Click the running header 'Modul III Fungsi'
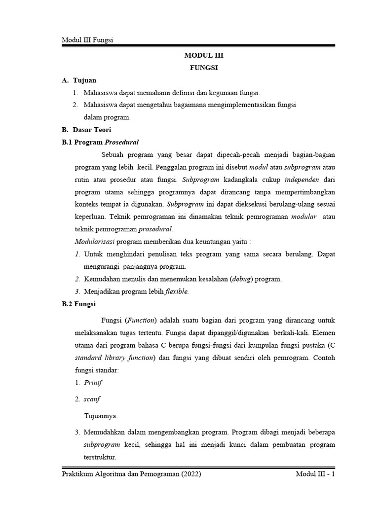87,39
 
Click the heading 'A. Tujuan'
79,80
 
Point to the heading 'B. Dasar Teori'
86,130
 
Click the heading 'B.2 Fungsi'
78,304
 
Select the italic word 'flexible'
176,291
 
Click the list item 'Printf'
93,383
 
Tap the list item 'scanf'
92,399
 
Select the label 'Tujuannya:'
101,416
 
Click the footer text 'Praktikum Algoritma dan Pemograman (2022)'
131,474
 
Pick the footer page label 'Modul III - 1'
315,474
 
